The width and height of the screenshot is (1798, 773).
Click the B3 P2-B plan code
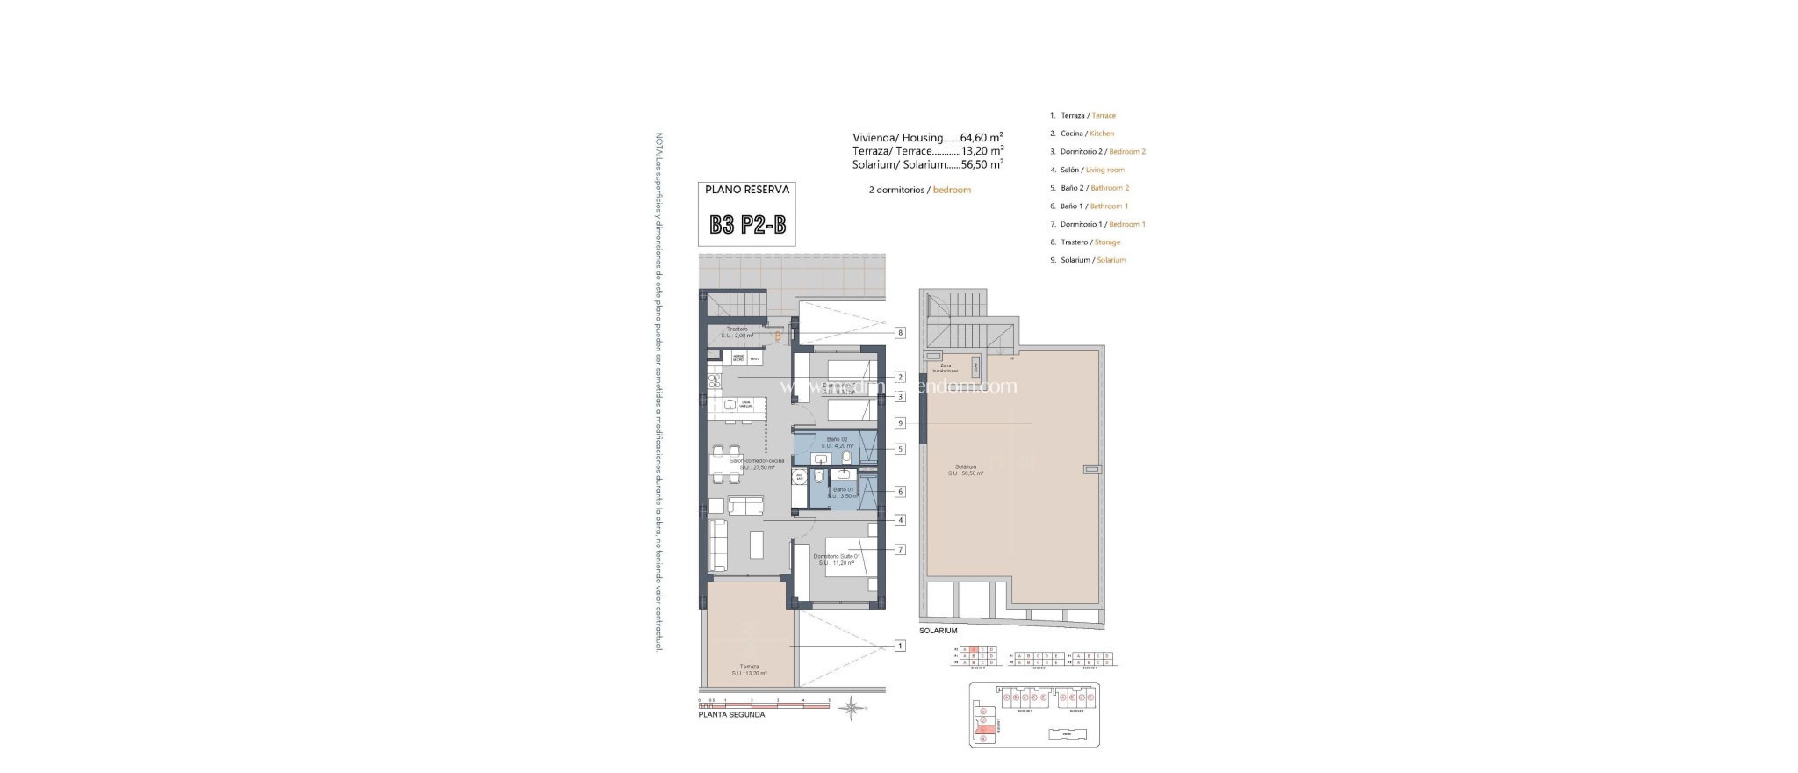point(747,225)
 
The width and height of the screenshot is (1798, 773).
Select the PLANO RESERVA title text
point(747,190)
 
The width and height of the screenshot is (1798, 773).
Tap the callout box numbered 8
point(900,333)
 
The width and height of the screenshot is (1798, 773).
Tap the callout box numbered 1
point(900,646)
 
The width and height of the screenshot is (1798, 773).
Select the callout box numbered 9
point(900,423)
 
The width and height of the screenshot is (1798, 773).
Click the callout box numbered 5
point(900,449)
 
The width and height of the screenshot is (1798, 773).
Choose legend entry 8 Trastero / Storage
point(1090,242)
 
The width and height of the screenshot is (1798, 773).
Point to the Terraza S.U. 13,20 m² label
point(749,670)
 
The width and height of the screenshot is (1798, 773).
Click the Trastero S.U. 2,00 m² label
point(737,332)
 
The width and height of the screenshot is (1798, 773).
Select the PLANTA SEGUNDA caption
point(731,715)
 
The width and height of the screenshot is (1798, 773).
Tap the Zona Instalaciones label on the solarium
point(945,368)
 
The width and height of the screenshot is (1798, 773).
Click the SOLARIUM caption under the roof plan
point(938,631)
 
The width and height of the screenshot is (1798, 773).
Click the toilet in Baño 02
point(846,458)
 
